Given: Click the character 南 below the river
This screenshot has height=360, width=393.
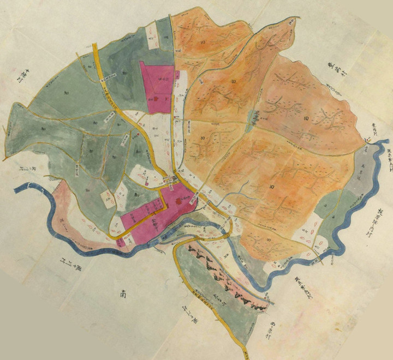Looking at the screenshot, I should coord(124,293).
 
